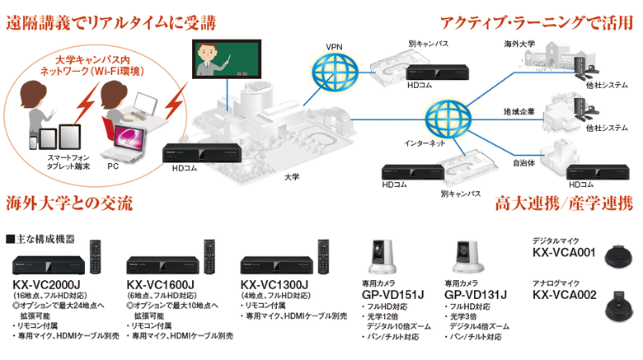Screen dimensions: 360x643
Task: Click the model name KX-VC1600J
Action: pyautogui.click(x=162, y=285)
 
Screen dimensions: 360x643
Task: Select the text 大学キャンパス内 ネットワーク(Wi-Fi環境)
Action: pyautogui.click(x=92, y=68)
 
